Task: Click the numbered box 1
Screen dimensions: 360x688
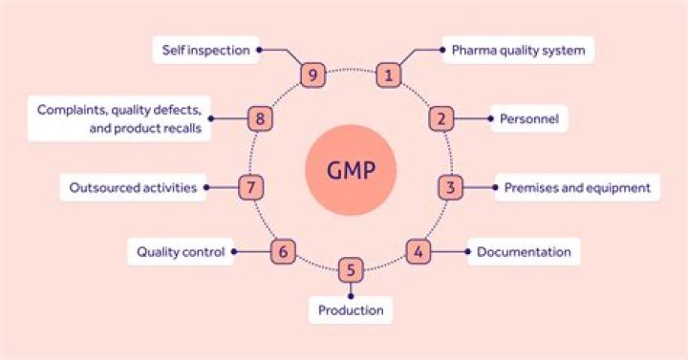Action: coord(387,74)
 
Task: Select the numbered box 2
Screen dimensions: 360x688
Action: coord(441,119)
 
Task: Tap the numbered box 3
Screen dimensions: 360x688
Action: coord(451,187)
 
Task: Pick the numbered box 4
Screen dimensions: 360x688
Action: coord(418,252)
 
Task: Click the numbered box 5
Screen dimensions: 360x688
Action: coord(351,270)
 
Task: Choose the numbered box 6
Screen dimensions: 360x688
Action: coord(282,252)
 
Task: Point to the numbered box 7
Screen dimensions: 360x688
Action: coord(249,187)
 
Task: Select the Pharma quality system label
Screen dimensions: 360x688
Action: coord(519,50)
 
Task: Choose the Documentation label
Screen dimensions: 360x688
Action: coord(524,252)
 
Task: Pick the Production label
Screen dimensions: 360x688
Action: coord(351,309)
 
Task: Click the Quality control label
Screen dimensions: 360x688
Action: coord(181,252)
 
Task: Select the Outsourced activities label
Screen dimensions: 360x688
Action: coord(133,187)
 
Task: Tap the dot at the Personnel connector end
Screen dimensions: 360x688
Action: coord(492,119)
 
